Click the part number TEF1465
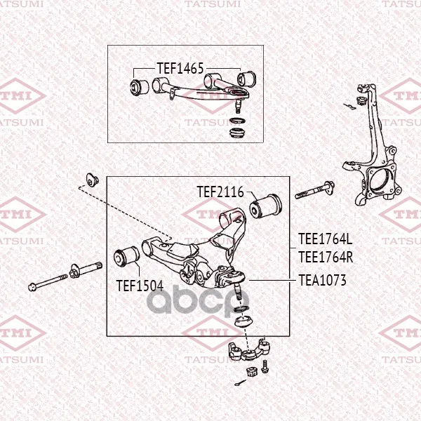[180, 68]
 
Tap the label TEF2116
[220, 192]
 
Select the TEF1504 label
[140, 286]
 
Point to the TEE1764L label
[325, 239]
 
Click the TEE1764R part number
[326, 257]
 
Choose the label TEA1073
[322, 280]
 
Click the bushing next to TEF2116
[266, 206]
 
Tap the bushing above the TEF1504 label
[126, 256]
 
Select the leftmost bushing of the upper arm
[140, 86]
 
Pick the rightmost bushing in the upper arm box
[246, 79]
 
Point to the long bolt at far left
[48, 281]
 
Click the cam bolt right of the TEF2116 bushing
[314, 190]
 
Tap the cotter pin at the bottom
[240, 382]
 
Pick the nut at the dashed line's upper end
[93, 180]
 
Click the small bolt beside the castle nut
[265, 366]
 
